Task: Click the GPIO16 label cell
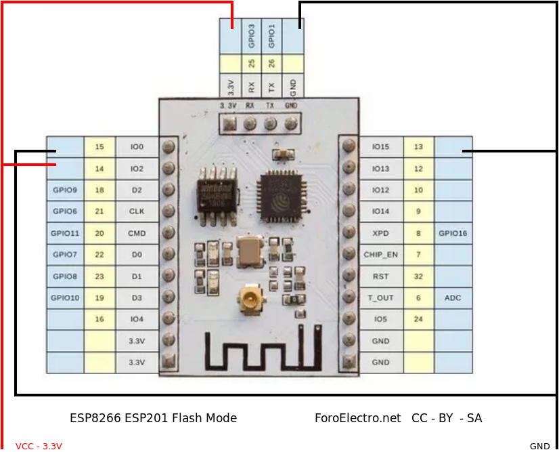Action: (453, 233)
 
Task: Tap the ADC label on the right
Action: (453, 297)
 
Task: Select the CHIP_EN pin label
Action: (380, 255)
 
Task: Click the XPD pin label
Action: (380, 233)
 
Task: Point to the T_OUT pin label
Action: (380, 297)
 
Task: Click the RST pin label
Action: (380, 276)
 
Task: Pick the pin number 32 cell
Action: (418, 276)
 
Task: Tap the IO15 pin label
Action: (380, 147)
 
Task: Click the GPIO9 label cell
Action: (66, 190)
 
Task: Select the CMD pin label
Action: (137, 233)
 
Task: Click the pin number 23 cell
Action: (99, 276)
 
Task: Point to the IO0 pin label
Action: (137, 147)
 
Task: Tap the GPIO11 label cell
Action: (66, 233)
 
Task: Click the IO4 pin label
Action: (137, 319)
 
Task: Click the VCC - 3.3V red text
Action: (39, 446)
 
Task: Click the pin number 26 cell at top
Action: (271, 64)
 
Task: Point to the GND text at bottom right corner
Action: (539, 446)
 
